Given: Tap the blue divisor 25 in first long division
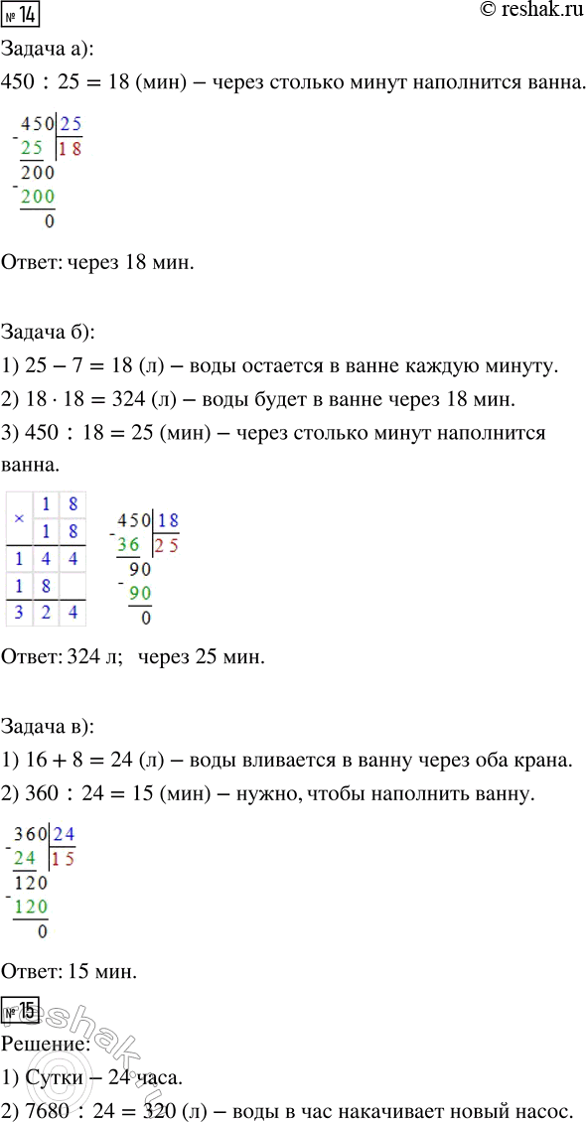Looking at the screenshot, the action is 72,124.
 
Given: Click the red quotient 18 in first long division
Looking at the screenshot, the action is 71,149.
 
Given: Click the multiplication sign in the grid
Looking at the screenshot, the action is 18,518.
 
